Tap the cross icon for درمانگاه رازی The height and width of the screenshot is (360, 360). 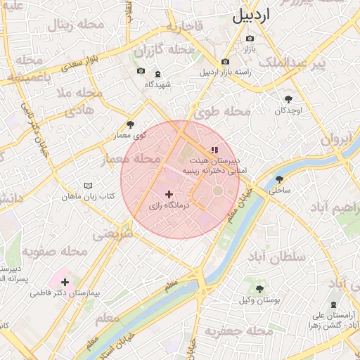point(168,194)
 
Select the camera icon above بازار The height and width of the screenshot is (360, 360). point(250,38)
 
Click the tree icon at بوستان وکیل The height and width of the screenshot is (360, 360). point(259,288)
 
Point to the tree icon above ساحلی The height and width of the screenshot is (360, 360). point(280,179)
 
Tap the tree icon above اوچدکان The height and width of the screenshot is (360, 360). point(288,99)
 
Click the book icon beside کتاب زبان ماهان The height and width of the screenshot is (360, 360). point(87,186)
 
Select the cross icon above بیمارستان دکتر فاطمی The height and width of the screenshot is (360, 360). point(65,282)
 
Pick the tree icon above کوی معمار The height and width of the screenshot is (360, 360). point(130,124)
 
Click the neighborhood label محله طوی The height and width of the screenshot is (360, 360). point(227,111)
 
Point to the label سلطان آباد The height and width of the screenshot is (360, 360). point(277,257)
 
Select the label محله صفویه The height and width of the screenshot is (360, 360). point(54,250)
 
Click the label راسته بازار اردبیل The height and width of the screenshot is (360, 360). point(224,72)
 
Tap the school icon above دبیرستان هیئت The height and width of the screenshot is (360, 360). point(214,150)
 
